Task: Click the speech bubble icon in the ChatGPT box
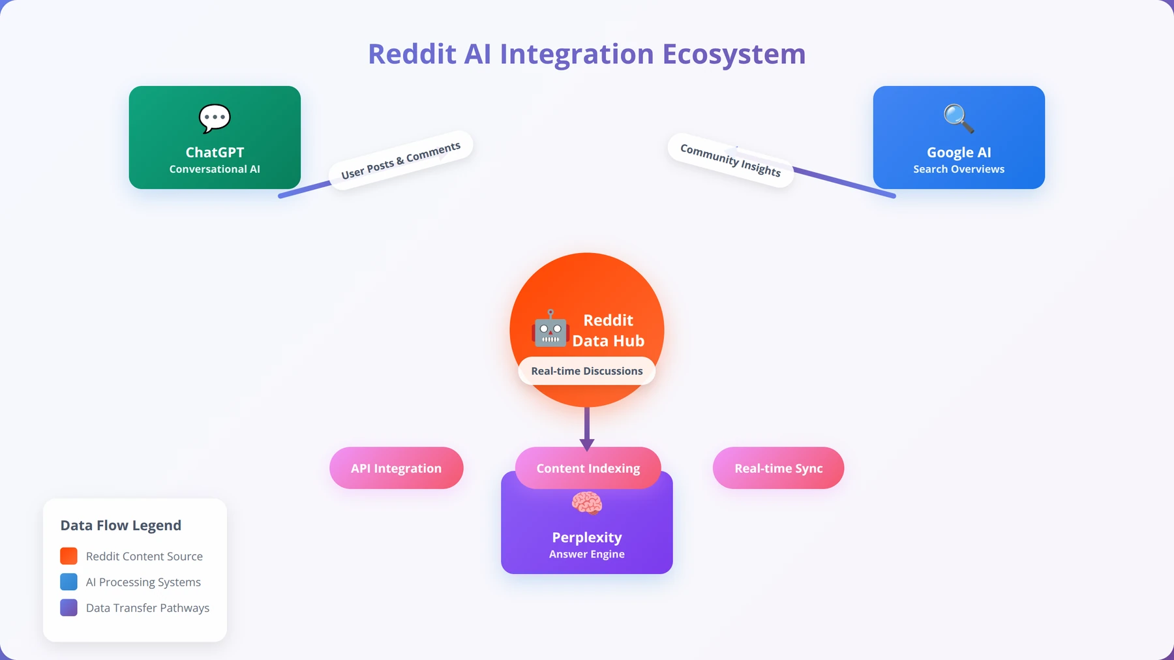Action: point(215,119)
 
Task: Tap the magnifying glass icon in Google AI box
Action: point(959,119)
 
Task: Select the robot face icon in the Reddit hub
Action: point(550,328)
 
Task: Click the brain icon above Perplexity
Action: point(587,503)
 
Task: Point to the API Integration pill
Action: point(397,468)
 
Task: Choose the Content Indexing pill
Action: point(588,468)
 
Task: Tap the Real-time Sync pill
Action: point(779,468)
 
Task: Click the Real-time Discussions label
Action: point(587,371)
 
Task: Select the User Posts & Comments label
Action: point(400,160)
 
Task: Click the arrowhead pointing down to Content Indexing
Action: point(587,445)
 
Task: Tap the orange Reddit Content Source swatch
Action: point(68,556)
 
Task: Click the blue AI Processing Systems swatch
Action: point(68,582)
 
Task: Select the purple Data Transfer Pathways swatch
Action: point(68,608)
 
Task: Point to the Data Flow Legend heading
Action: point(121,526)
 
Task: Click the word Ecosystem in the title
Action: point(734,54)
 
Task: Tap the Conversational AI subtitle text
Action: point(215,169)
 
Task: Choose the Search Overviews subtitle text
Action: point(959,169)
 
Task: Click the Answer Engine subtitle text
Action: point(587,554)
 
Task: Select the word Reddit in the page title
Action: point(412,54)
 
